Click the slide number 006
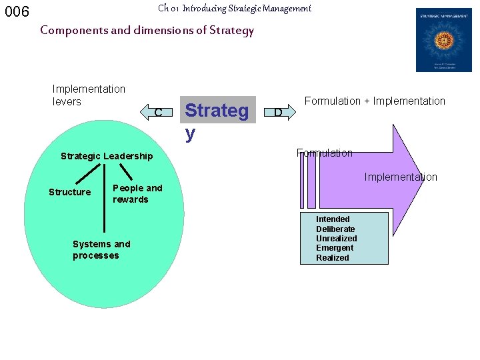pyautogui.click(x=17, y=12)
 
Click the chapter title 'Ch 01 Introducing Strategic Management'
pyautogui.click(x=235, y=9)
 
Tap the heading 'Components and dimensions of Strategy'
pyautogui.click(x=147, y=30)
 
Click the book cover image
pyautogui.click(x=443, y=39)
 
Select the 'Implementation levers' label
pyautogui.click(x=89, y=95)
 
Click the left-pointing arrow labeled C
pyautogui.click(x=156, y=111)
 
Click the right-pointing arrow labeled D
pyautogui.click(x=279, y=111)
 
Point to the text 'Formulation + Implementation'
pyautogui.click(x=375, y=101)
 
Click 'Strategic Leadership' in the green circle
pyautogui.click(x=107, y=156)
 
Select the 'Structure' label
pyautogui.click(x=69, y=192)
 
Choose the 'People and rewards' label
pyautogui.click(x=137, y=194)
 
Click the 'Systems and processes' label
pyautogui.click(x=101, y=250)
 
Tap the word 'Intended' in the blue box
pyautogui.click(x=333, y=219)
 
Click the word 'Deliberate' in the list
pyautogui.click(x=335, y=229)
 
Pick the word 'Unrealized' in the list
pyautogui.click(x=336, y=239)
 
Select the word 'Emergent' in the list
pyautogui.click(x=335, y=248)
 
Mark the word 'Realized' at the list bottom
pyautogui.click(x=333, y=258)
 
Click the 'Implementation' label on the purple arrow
pyautogui.click(x=401, y=177)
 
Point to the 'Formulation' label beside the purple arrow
pyautogui.click(x=325, y=153)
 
